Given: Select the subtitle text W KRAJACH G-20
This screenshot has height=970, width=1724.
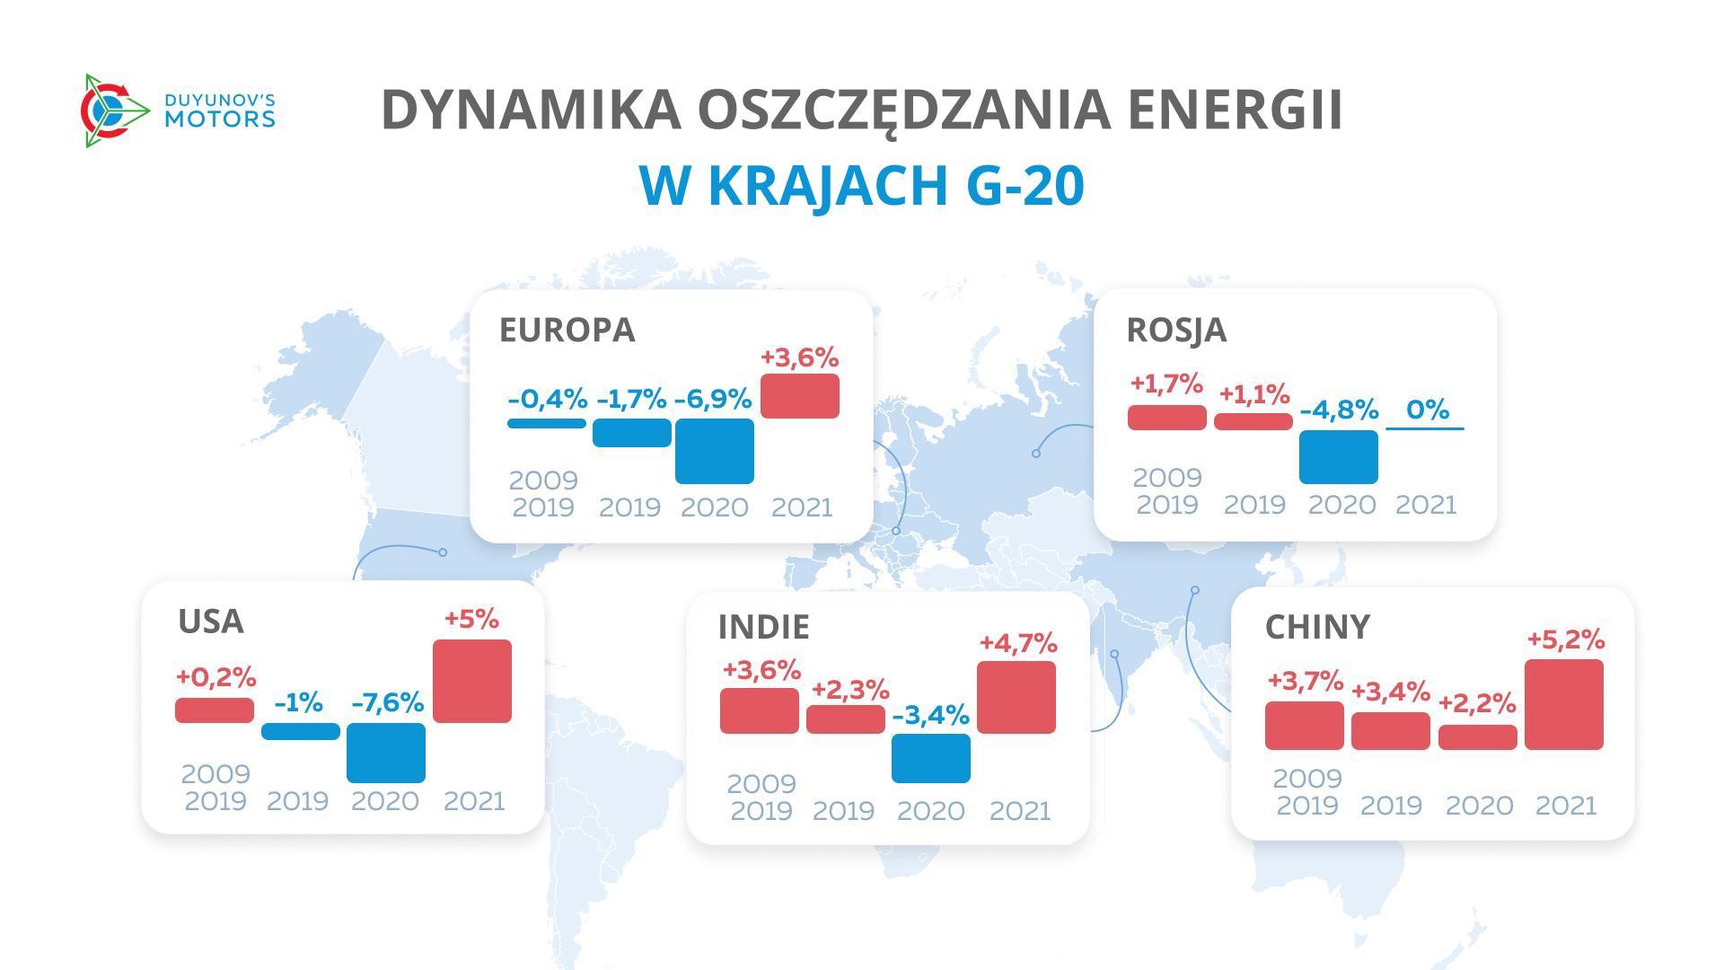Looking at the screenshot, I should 861,185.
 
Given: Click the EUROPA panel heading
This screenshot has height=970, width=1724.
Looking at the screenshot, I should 567,330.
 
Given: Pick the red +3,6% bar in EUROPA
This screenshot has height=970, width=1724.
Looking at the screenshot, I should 799,396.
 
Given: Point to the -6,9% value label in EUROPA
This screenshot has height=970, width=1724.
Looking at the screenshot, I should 713,399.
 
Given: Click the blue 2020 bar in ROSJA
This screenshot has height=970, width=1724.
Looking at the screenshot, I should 1338,456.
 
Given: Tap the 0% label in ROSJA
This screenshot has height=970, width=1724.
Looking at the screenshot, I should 1427,410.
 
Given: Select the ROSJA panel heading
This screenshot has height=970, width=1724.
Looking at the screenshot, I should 1175,330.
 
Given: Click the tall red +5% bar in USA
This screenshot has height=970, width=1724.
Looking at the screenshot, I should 471,681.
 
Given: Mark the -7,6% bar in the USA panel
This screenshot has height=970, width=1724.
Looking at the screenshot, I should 385,753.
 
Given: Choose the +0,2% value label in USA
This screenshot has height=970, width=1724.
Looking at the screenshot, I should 215,676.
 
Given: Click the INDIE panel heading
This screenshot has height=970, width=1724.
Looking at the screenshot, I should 763,626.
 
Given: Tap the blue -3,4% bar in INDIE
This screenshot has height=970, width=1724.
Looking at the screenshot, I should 930,758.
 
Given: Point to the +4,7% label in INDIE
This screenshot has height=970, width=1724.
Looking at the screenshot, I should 1017,643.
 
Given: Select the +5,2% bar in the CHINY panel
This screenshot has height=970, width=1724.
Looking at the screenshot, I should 1563,704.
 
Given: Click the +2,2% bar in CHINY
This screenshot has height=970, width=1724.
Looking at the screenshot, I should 1477,736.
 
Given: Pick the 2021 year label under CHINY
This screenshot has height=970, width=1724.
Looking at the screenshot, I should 1565,806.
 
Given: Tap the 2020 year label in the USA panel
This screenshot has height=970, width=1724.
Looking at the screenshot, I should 384,801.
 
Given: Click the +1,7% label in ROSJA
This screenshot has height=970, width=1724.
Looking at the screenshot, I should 1165,384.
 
